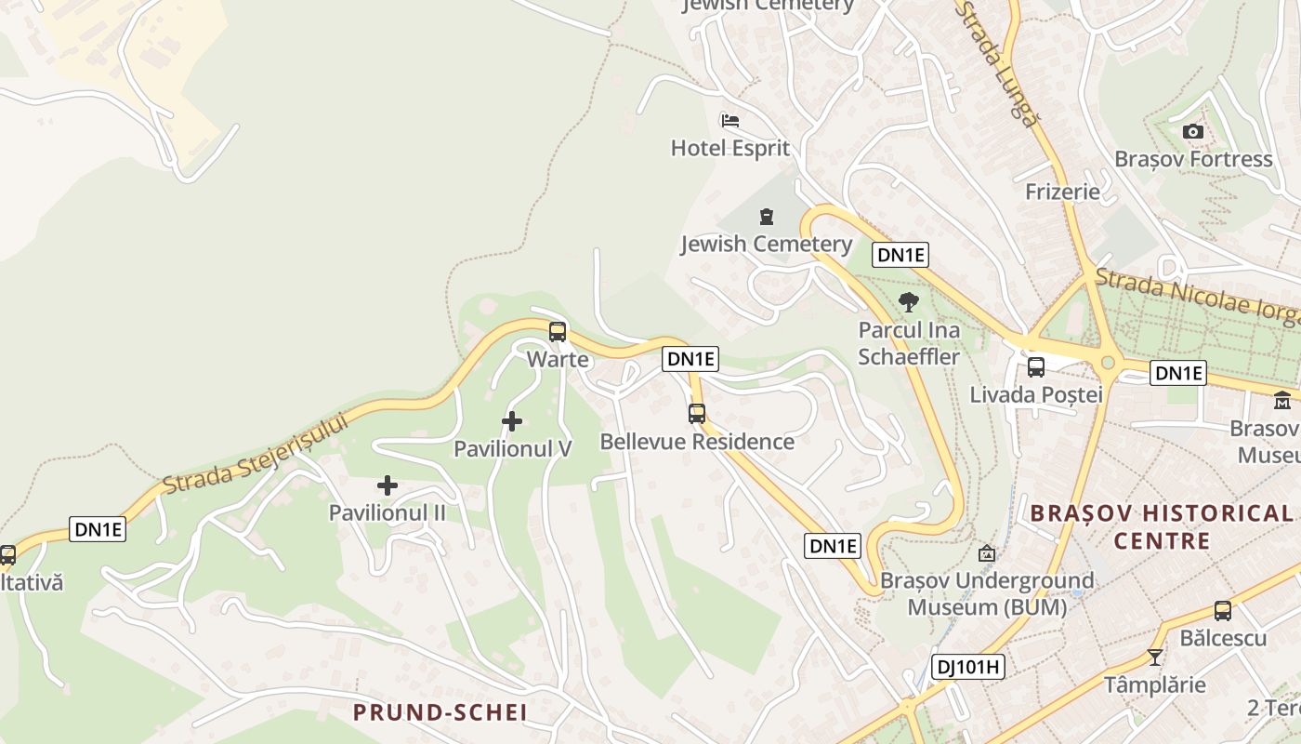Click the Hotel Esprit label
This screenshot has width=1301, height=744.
(x=729, y=148)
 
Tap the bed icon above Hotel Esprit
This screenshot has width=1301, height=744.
(x=729, y=121)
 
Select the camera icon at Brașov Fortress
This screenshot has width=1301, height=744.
(x=1193, y=132)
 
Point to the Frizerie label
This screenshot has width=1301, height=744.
(x=1062, y=192)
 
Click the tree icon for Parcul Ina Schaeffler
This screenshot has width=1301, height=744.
(x=909, y=301)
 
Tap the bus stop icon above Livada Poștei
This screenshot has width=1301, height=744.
(x=1036, y=367)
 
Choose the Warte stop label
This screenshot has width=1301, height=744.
(x=558, y=359)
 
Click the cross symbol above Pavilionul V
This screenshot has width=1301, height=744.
(x=511, y=421)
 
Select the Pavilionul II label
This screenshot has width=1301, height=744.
(x=388, y=512)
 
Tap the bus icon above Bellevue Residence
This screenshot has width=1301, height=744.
(x=697, y=414)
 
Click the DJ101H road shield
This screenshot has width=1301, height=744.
(x=967, y=666)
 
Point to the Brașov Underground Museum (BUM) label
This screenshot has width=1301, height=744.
(x=987, y=594)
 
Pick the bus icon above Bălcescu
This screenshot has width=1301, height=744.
(x=1223, y=611)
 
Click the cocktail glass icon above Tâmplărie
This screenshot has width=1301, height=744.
(x=1154, y=658)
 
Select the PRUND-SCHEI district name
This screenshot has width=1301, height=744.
(x=440, y=713)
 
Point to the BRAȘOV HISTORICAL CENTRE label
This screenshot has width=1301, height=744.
(x=1162, y=526)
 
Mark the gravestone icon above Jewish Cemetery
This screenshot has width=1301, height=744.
(x=766, y=217)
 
